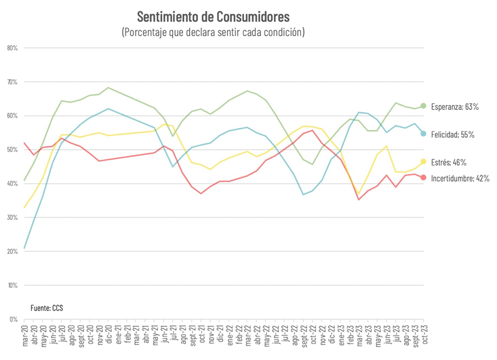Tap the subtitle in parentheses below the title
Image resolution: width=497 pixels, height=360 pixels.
[x=213, y=32]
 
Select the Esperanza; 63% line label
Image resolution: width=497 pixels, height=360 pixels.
[x=455, y=107]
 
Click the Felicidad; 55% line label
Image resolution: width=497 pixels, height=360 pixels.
[x=452, y=134]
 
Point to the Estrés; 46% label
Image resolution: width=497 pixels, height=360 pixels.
[x=448, y=162]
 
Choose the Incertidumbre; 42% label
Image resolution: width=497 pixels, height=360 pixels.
[x=460, y=178]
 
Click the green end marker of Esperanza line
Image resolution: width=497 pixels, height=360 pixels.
[x=423, y=106]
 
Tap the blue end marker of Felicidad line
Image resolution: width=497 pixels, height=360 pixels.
[x=423, y=134]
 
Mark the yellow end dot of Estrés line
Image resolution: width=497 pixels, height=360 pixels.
[x=423, y=162]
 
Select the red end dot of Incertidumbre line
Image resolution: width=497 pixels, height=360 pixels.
[x=423, y=177]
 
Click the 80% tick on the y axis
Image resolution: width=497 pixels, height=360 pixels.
[x=12, y=48]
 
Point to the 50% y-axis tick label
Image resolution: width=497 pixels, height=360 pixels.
[x=12, y=149]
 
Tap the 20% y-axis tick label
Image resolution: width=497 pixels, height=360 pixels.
[x=12, y=251]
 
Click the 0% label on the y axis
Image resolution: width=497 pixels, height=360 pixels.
[x=14, y=319]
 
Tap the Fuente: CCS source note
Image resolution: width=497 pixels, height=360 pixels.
[x=46, y=308]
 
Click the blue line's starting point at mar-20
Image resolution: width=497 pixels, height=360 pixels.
[x=25, y=248]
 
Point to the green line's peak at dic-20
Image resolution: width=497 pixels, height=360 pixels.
[x=108, y=87]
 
